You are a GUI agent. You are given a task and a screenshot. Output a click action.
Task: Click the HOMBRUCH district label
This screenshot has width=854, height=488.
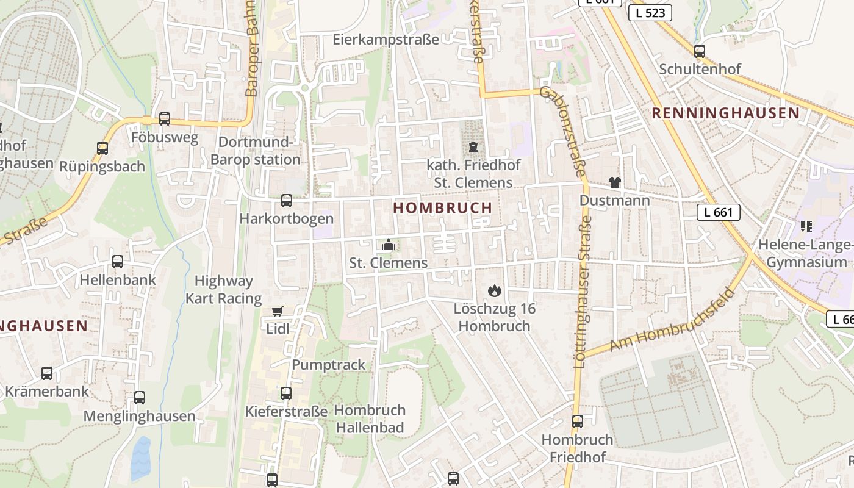[x=442, y=208]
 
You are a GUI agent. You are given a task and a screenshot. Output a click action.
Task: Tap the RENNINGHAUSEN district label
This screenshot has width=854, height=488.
[x=725, y=113]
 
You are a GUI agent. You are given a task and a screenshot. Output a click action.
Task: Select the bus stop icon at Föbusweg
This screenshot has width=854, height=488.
[x=165, y=119]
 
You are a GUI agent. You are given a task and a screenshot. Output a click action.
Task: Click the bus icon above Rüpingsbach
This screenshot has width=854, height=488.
[x=102, y=148]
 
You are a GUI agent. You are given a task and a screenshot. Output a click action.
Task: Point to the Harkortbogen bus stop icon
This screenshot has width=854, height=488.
[x=286, y=200]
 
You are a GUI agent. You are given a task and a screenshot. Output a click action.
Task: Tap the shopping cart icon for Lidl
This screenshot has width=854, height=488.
[x=278, y=312]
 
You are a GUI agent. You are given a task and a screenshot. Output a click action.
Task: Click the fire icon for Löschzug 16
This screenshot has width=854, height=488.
[x=493, y=291]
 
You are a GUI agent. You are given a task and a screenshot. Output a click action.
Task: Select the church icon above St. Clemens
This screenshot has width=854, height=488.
[x=388, y=245]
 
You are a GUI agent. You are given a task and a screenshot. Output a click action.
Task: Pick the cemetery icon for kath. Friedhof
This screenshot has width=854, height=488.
[x=473, y=146]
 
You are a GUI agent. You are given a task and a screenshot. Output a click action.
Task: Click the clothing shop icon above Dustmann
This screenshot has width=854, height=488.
[x=614, y=182]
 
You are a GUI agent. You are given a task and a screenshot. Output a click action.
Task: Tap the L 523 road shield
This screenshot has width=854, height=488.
[x=650, y=13]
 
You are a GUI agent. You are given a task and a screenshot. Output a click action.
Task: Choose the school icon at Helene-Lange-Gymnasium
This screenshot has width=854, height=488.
[x=806, y=226]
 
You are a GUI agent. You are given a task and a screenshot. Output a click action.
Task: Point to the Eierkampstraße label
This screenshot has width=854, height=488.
[x=386, y=40]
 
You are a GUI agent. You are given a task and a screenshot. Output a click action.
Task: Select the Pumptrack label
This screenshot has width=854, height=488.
[x=328, y=365]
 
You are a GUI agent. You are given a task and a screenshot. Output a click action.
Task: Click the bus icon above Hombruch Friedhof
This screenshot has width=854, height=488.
[x=577, y=421]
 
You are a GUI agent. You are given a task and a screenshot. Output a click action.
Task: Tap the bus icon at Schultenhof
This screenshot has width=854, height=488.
[x=700, y=51]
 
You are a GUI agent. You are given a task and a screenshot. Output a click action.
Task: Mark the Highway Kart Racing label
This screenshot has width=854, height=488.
[x=223, y=290]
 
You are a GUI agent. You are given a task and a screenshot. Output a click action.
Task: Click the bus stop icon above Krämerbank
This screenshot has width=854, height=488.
[x=47, y=373]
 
